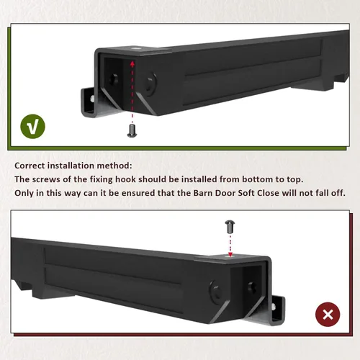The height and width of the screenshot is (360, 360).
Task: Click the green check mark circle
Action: coord(32,126)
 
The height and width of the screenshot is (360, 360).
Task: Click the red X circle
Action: coord(328,315)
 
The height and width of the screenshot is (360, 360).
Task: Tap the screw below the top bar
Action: coord(132,130)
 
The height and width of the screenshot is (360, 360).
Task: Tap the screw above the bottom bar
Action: coord(230,227)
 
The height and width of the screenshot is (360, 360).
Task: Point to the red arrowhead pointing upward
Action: coord(132,63)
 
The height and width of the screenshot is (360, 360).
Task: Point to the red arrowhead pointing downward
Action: coord(230,254)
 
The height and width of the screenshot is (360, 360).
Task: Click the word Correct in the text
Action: coord(30,166)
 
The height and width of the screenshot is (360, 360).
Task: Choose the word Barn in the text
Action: coord(202,193)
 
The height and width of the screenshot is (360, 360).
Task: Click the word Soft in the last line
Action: coord(246,193)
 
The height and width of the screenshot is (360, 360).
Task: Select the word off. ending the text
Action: coord(338,193)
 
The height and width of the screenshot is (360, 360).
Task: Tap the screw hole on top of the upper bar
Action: coord(136,48)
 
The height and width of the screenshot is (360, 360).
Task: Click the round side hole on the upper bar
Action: coord(150,84)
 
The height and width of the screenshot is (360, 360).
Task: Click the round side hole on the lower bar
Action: coord(215,291)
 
